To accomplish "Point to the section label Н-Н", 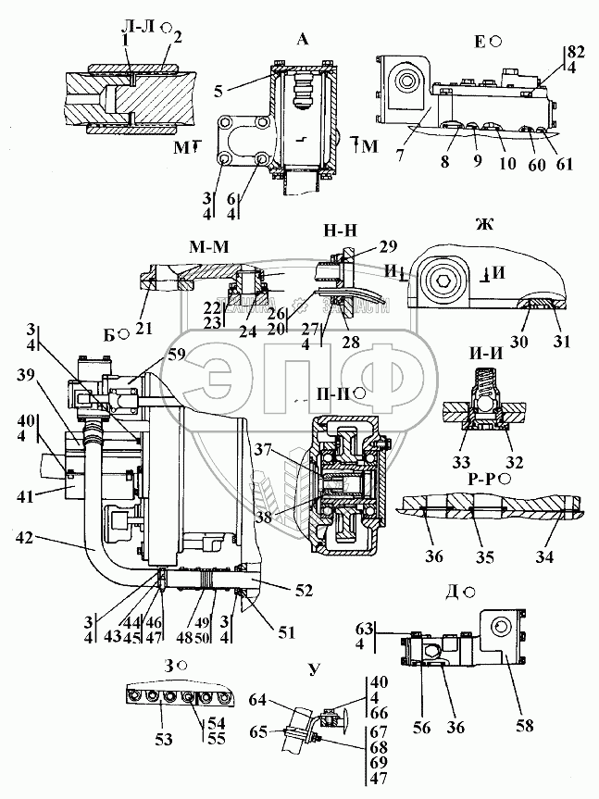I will tap(336, 229).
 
